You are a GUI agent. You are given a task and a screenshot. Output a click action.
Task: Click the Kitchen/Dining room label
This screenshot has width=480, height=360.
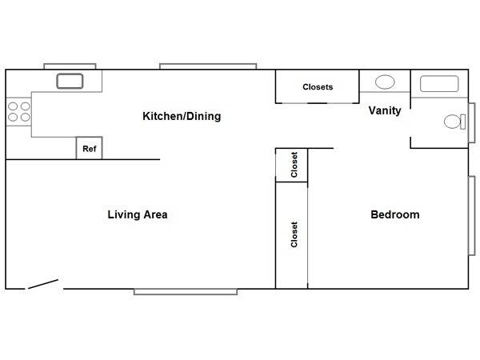tap(182, 116)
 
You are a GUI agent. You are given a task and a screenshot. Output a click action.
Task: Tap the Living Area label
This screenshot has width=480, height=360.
tap(138, 214)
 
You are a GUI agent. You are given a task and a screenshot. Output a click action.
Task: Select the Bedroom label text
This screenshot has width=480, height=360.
tap(395, 214)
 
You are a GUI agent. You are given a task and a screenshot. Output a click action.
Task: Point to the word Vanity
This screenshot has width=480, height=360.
tap(385, 110)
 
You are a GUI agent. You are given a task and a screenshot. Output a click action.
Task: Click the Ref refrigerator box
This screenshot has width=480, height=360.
tap(89, 148)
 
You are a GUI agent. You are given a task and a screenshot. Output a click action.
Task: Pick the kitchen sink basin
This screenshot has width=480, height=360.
tap(70, 81)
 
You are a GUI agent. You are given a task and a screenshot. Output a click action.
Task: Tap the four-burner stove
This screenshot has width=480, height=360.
tap(18, 111)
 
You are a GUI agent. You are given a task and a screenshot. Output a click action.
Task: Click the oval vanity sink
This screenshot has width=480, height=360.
tap(385, 82)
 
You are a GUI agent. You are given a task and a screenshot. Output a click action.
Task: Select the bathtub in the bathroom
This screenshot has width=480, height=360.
tap(439, 83)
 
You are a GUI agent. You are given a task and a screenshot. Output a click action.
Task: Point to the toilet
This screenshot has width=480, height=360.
tap(454, 122)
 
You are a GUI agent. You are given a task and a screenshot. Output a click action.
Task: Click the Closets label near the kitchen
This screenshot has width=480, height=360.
tap(318, 87)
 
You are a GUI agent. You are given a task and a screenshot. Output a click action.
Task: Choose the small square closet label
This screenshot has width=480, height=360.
tap(294, 165)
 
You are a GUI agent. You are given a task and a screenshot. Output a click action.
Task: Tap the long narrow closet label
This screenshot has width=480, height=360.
tap(294, 234)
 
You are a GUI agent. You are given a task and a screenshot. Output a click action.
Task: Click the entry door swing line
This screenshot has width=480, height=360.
tap(43, 284)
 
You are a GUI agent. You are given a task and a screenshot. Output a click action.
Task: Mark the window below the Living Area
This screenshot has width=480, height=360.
tap(186, 292)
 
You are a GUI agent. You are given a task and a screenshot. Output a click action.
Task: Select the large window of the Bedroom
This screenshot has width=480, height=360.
tap(472, 215)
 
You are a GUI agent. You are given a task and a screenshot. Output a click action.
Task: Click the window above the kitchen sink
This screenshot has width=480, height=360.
tap(70, 66)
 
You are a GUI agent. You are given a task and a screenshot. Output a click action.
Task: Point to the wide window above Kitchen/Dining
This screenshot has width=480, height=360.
tap(208, 66)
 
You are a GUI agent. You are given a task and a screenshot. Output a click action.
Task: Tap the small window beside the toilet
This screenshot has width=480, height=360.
tap(472, 122)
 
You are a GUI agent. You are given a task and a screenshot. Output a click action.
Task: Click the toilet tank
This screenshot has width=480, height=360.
tap(463, 122)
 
